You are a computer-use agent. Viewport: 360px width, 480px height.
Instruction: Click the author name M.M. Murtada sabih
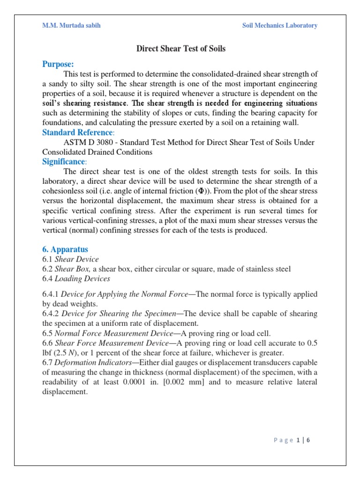(72, 25)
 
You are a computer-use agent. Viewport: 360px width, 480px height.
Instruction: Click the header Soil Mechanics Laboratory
(279, 25)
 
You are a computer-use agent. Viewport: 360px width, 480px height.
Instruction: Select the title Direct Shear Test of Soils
(180, 49)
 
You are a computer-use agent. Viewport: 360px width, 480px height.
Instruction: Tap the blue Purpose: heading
(58, 64)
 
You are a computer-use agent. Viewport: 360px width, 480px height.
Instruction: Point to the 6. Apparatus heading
(65, 249)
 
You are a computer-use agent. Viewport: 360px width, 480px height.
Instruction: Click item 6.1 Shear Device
(71, 259)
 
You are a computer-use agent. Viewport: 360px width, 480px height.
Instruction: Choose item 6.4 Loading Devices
(76, 279)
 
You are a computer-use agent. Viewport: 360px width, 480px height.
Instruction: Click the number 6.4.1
(51, 294)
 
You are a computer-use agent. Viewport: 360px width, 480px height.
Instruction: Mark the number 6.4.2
(51, 314)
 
